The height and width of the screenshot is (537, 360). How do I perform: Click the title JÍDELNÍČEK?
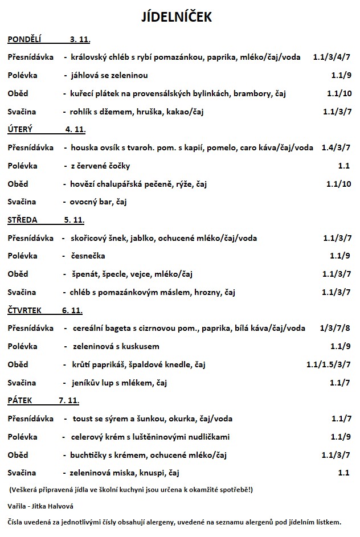tap(176, 18)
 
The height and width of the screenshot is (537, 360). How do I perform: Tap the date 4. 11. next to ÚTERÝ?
tap(75, 130)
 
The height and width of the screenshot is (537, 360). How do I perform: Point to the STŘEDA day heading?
tap(22, 220)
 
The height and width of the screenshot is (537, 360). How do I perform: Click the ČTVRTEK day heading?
tap(24, 310)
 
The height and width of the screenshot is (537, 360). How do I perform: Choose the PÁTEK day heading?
tap(21, 401)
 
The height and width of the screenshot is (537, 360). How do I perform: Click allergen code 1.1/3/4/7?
tap(332, 57)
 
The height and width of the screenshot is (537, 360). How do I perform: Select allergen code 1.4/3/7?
tap(336, 147)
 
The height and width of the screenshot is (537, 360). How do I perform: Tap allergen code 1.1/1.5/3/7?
tap(328, 364)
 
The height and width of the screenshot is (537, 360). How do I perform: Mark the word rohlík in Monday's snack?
tap(83, 112)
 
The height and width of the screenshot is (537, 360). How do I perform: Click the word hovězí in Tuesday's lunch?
tap(84, 184)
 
